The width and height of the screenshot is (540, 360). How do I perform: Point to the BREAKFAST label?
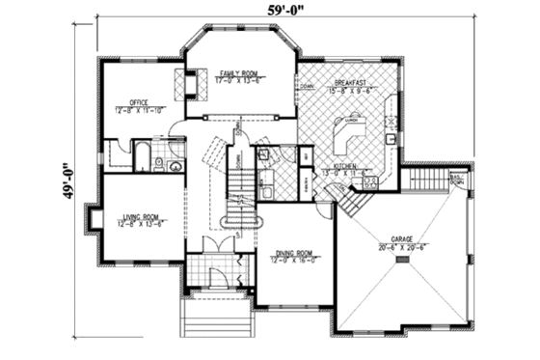point(352,84)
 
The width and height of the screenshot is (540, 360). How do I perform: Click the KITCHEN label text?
point(347,165)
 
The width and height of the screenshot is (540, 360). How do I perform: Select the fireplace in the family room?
point(189,86)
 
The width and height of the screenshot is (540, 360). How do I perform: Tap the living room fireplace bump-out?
point(93,219)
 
